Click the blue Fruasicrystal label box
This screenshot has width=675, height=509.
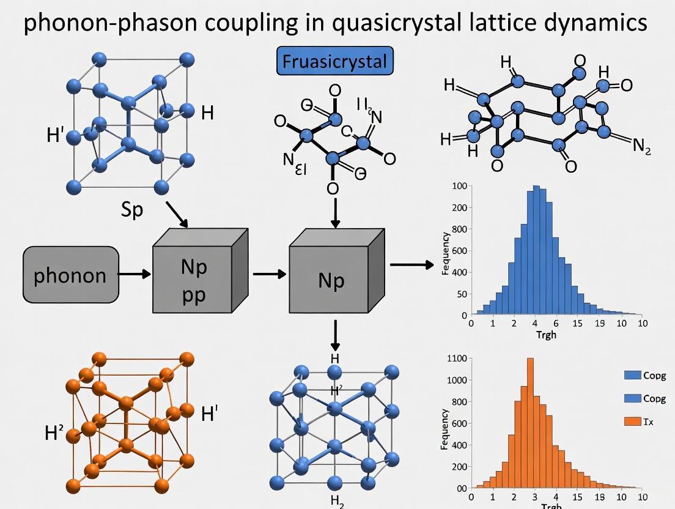pyautogui.click(x=335, y=61)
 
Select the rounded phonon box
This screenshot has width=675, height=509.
pyautogui.click(x=70, y=275)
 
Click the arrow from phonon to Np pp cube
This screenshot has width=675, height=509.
pyautogui.click(x=135, y=275)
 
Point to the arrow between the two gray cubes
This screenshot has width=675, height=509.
pyautogui.click(x=270, y=274)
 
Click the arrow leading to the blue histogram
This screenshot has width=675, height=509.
pyautogui.click(x=411, y=264)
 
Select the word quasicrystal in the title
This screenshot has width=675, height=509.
pyautogui.click(x=400, y=23)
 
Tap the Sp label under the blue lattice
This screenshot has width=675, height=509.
pyautogui.click(x=131, y=210)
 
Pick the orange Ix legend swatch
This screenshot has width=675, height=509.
pyautogui.click(x=633, y=421)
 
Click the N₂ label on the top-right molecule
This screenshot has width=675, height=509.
pyautogui.click(x=641, y=146)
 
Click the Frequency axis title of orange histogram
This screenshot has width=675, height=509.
pyautogui.click(x=444, y=429)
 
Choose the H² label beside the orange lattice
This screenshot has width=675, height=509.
pyautogui.click(x=54, y=434)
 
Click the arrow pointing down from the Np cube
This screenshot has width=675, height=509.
pyautogui.click(x=335, y=334)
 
